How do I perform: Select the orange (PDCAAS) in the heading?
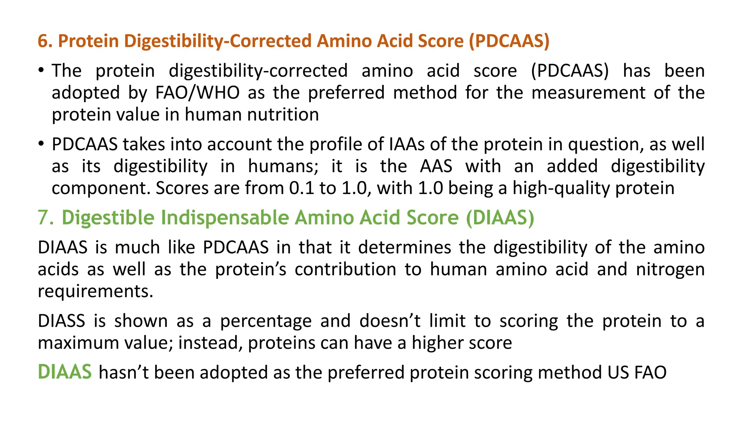click(x=509, y=41)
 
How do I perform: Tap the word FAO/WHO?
click(x=198, y=92)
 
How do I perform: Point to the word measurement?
click(x=588, y=92)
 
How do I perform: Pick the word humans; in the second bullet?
click(x=283, y=166)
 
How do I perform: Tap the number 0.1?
click(x=302, y=188)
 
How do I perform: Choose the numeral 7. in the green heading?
click(x=46, y=218)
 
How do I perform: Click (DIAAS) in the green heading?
click(x=500, y=218)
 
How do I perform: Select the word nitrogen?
click(x=670, y=270)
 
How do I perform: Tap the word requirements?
click(x=95, y=292)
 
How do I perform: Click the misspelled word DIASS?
click(x=61, y=321)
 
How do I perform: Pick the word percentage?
click(x=266, y=321)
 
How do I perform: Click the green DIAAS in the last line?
click(x=65, y=372)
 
